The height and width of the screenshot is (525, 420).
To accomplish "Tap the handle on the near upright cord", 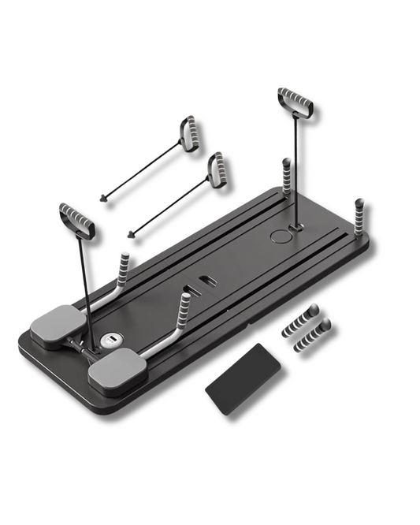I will click(x=76, y=220).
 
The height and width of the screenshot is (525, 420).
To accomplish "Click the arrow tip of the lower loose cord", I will click(x=130, y=233).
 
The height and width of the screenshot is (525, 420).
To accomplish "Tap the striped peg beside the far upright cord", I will click(x=286, y=175).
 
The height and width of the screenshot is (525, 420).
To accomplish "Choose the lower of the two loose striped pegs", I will click(x=312, y=335).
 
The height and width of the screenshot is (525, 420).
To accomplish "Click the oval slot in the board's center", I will click(x=208, y=281).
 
